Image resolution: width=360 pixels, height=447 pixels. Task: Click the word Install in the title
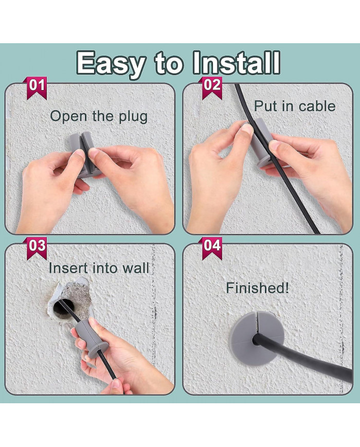(x=236, y=62)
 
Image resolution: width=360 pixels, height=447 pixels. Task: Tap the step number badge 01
(x=37, y=88)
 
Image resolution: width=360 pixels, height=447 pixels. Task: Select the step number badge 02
(x=212, y=88)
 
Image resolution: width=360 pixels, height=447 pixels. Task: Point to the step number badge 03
(x=37, y=248)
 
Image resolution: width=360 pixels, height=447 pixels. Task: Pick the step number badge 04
(x=212, y=248)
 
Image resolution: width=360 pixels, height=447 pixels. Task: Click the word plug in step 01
(x=133, y=117)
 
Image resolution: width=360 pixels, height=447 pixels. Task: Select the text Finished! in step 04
(x=257, y=288)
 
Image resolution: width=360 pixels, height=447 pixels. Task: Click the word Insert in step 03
(x=68, y=268)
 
